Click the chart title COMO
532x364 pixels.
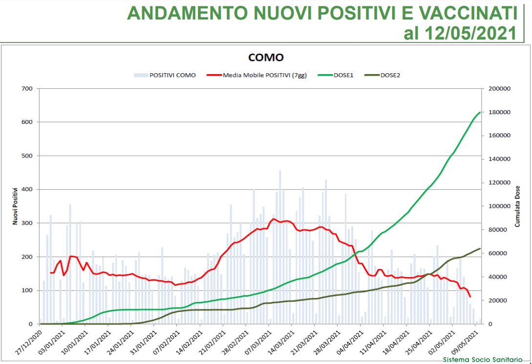[266, 58]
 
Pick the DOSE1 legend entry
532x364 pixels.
[342, 75]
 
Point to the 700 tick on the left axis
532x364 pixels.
[27, 89]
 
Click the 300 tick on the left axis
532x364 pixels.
[27, 223]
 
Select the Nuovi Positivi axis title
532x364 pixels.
[15, 206]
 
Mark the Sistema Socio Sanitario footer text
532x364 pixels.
[482, 360]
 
